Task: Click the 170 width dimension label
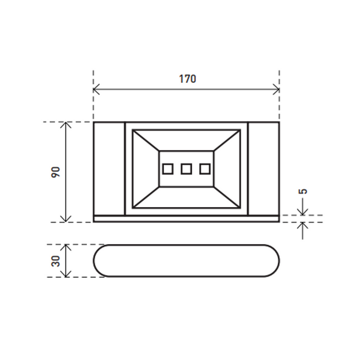(x=187, y=79)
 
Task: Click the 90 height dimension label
(x=56, y=172)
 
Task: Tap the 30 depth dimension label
(x=56, y=261)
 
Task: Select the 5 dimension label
(x=302, y=191)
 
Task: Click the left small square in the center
(x=168, y=169)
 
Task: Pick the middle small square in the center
(x=186, y=169)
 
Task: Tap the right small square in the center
(x=205, y=169)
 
